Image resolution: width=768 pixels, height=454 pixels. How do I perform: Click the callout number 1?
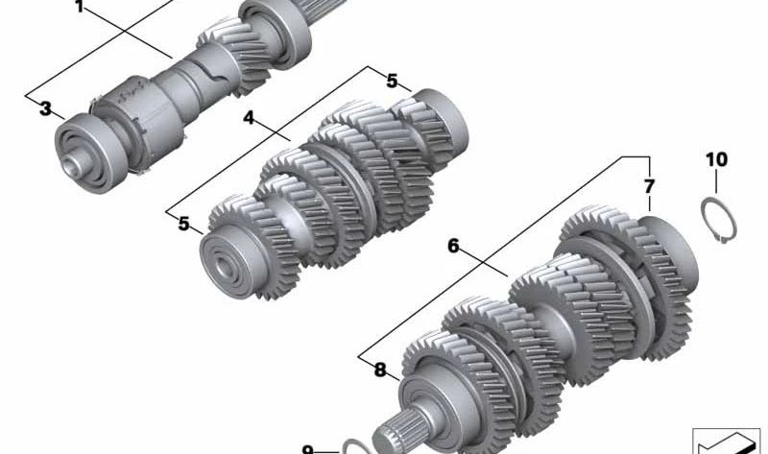[80, 7]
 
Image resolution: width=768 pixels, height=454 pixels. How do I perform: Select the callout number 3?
[45, 108]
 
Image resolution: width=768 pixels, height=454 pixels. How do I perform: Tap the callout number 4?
[249, 117]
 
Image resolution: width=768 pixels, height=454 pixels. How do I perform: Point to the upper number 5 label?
[392, 81]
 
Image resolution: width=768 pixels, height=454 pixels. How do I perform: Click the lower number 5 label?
[183, 224]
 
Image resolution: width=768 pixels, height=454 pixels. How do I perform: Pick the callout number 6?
[453, 246]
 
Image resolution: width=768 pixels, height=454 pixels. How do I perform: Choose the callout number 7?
[649, 186]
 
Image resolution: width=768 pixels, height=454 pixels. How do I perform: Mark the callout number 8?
[380, 370]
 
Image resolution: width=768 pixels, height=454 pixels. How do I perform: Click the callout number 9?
[307, 449]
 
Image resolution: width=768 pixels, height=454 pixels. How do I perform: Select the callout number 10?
[716, 159]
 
